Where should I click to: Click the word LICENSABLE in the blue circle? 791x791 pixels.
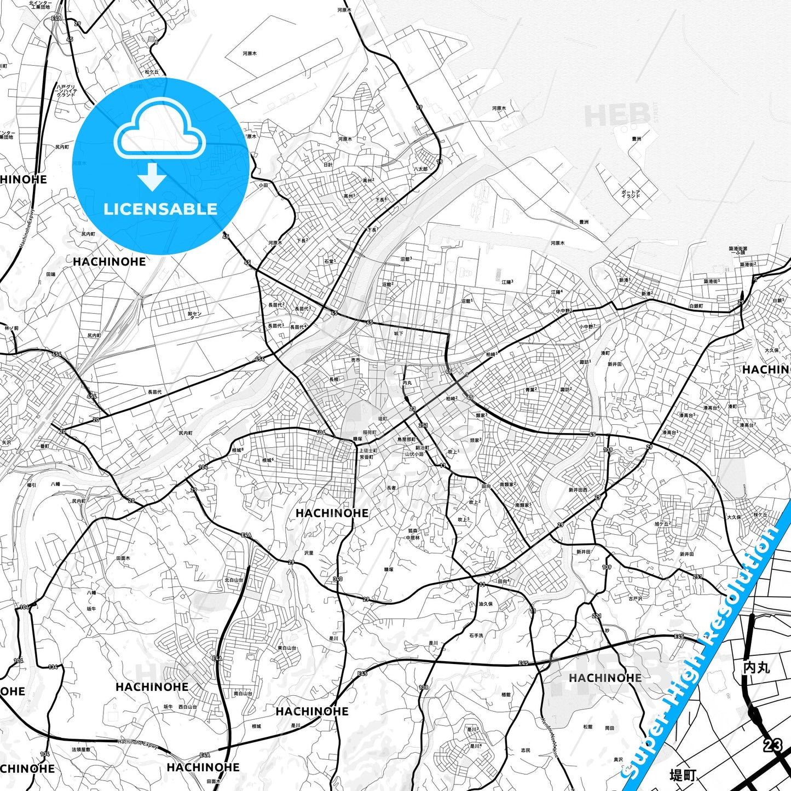pos(160,209)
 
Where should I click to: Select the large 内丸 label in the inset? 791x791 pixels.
pos(757,667)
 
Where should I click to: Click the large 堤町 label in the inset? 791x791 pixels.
pos(683,775)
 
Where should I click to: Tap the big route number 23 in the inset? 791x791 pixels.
pos(773,744)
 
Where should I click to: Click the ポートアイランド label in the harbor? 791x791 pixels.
pos(630,194)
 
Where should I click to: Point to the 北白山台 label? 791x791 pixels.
pos(234,580)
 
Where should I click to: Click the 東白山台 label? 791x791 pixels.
pos(287,648)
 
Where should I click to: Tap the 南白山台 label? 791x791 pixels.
pos(243,694)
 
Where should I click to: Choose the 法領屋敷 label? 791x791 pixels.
pos(81,749)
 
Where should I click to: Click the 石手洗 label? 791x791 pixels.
pos(476,636)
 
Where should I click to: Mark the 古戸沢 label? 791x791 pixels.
pos(635,598)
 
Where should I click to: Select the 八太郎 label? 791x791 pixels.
pos(420,169)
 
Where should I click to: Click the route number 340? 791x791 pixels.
pos(337,579)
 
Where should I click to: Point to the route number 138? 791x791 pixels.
pos(424,688)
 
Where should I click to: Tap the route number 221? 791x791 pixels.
pos(597,616)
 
